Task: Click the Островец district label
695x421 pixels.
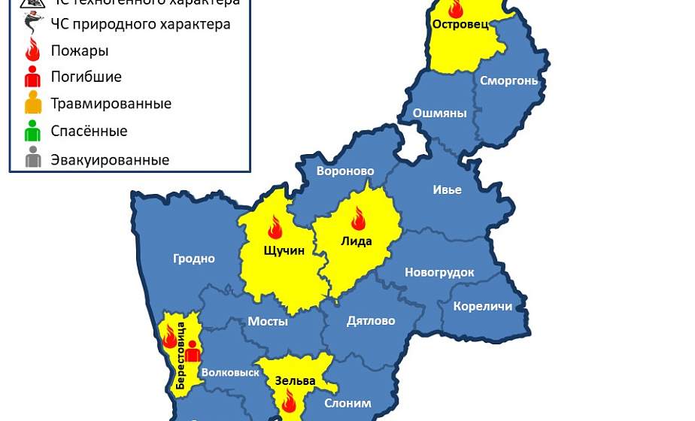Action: coord(460,24)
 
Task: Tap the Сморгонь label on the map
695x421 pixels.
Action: coord(509,80)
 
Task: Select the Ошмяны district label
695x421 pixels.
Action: coord(440,114)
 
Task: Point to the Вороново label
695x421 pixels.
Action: coord(345,171)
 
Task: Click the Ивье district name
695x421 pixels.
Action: coord(447,189)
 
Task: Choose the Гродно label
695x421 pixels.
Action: coord(194,259)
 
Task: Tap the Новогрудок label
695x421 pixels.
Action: coord(439,272)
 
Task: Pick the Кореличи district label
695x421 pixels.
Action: coord(483,306)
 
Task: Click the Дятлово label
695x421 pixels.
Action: coord(371,321)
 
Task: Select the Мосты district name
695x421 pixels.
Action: coord(269,321)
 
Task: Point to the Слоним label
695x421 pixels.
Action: coord(347,404)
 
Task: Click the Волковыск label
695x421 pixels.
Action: coord(231,373)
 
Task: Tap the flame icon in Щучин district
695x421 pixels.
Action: coord(275,228)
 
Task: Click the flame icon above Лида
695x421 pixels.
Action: coord(358,219)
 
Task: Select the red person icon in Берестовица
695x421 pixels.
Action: coord(192,351)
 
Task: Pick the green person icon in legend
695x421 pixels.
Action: coord(32,131)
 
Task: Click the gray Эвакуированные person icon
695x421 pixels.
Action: coord(32,158)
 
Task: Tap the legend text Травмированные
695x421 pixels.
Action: coord(111,104)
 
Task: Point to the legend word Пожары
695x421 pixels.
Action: coord(80,52)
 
